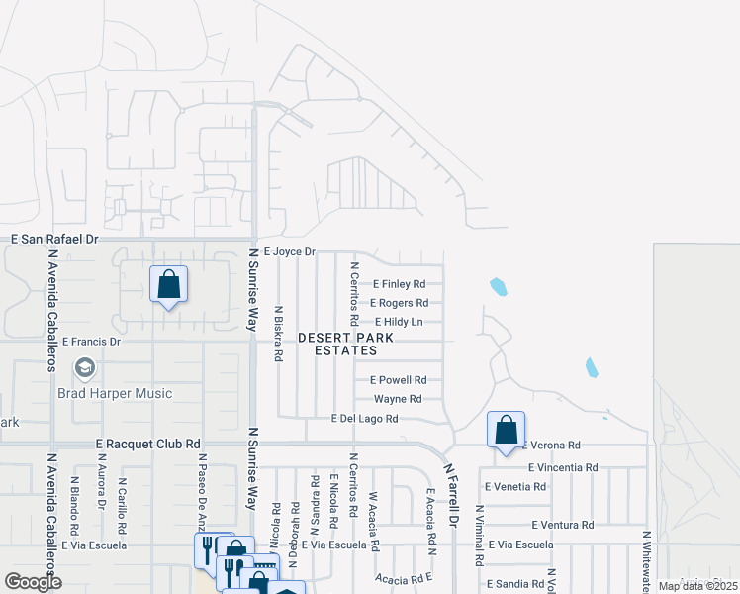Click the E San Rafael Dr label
pos(55,240)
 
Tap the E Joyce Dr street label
pos(289,252)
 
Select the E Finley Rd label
pos(399,284)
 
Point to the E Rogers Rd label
pos(400,303)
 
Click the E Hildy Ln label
pos(399,322)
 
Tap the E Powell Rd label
pos(398,380)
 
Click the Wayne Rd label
pos(398,400)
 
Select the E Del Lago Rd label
pos(364,420)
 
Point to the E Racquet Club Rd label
pos(148,445)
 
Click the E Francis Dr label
pos(91,342)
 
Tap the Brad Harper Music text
pos(128,393)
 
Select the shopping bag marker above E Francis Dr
pos(169,284)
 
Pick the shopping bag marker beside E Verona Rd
pos(506,430)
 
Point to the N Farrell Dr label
pos(453,495)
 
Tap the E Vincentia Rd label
pos(563,467)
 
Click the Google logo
pos(34,582)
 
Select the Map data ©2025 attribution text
pos(695,586)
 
